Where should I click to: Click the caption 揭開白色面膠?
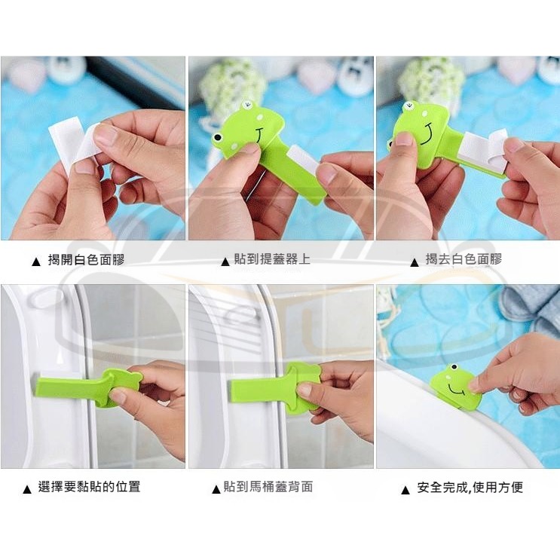point(86,259)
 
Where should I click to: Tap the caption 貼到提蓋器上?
point(272,259)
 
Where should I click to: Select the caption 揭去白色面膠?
point(464,259)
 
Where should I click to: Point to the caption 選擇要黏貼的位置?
point(89,487)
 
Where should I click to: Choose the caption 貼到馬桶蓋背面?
point(268,486)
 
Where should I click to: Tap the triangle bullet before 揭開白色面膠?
point(36,262)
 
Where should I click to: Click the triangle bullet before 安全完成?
point(405,490)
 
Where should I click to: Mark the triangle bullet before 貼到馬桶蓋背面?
point(216,490)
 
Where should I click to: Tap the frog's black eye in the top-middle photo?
point(217,137)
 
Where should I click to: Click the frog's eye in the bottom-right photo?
point(454,367)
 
